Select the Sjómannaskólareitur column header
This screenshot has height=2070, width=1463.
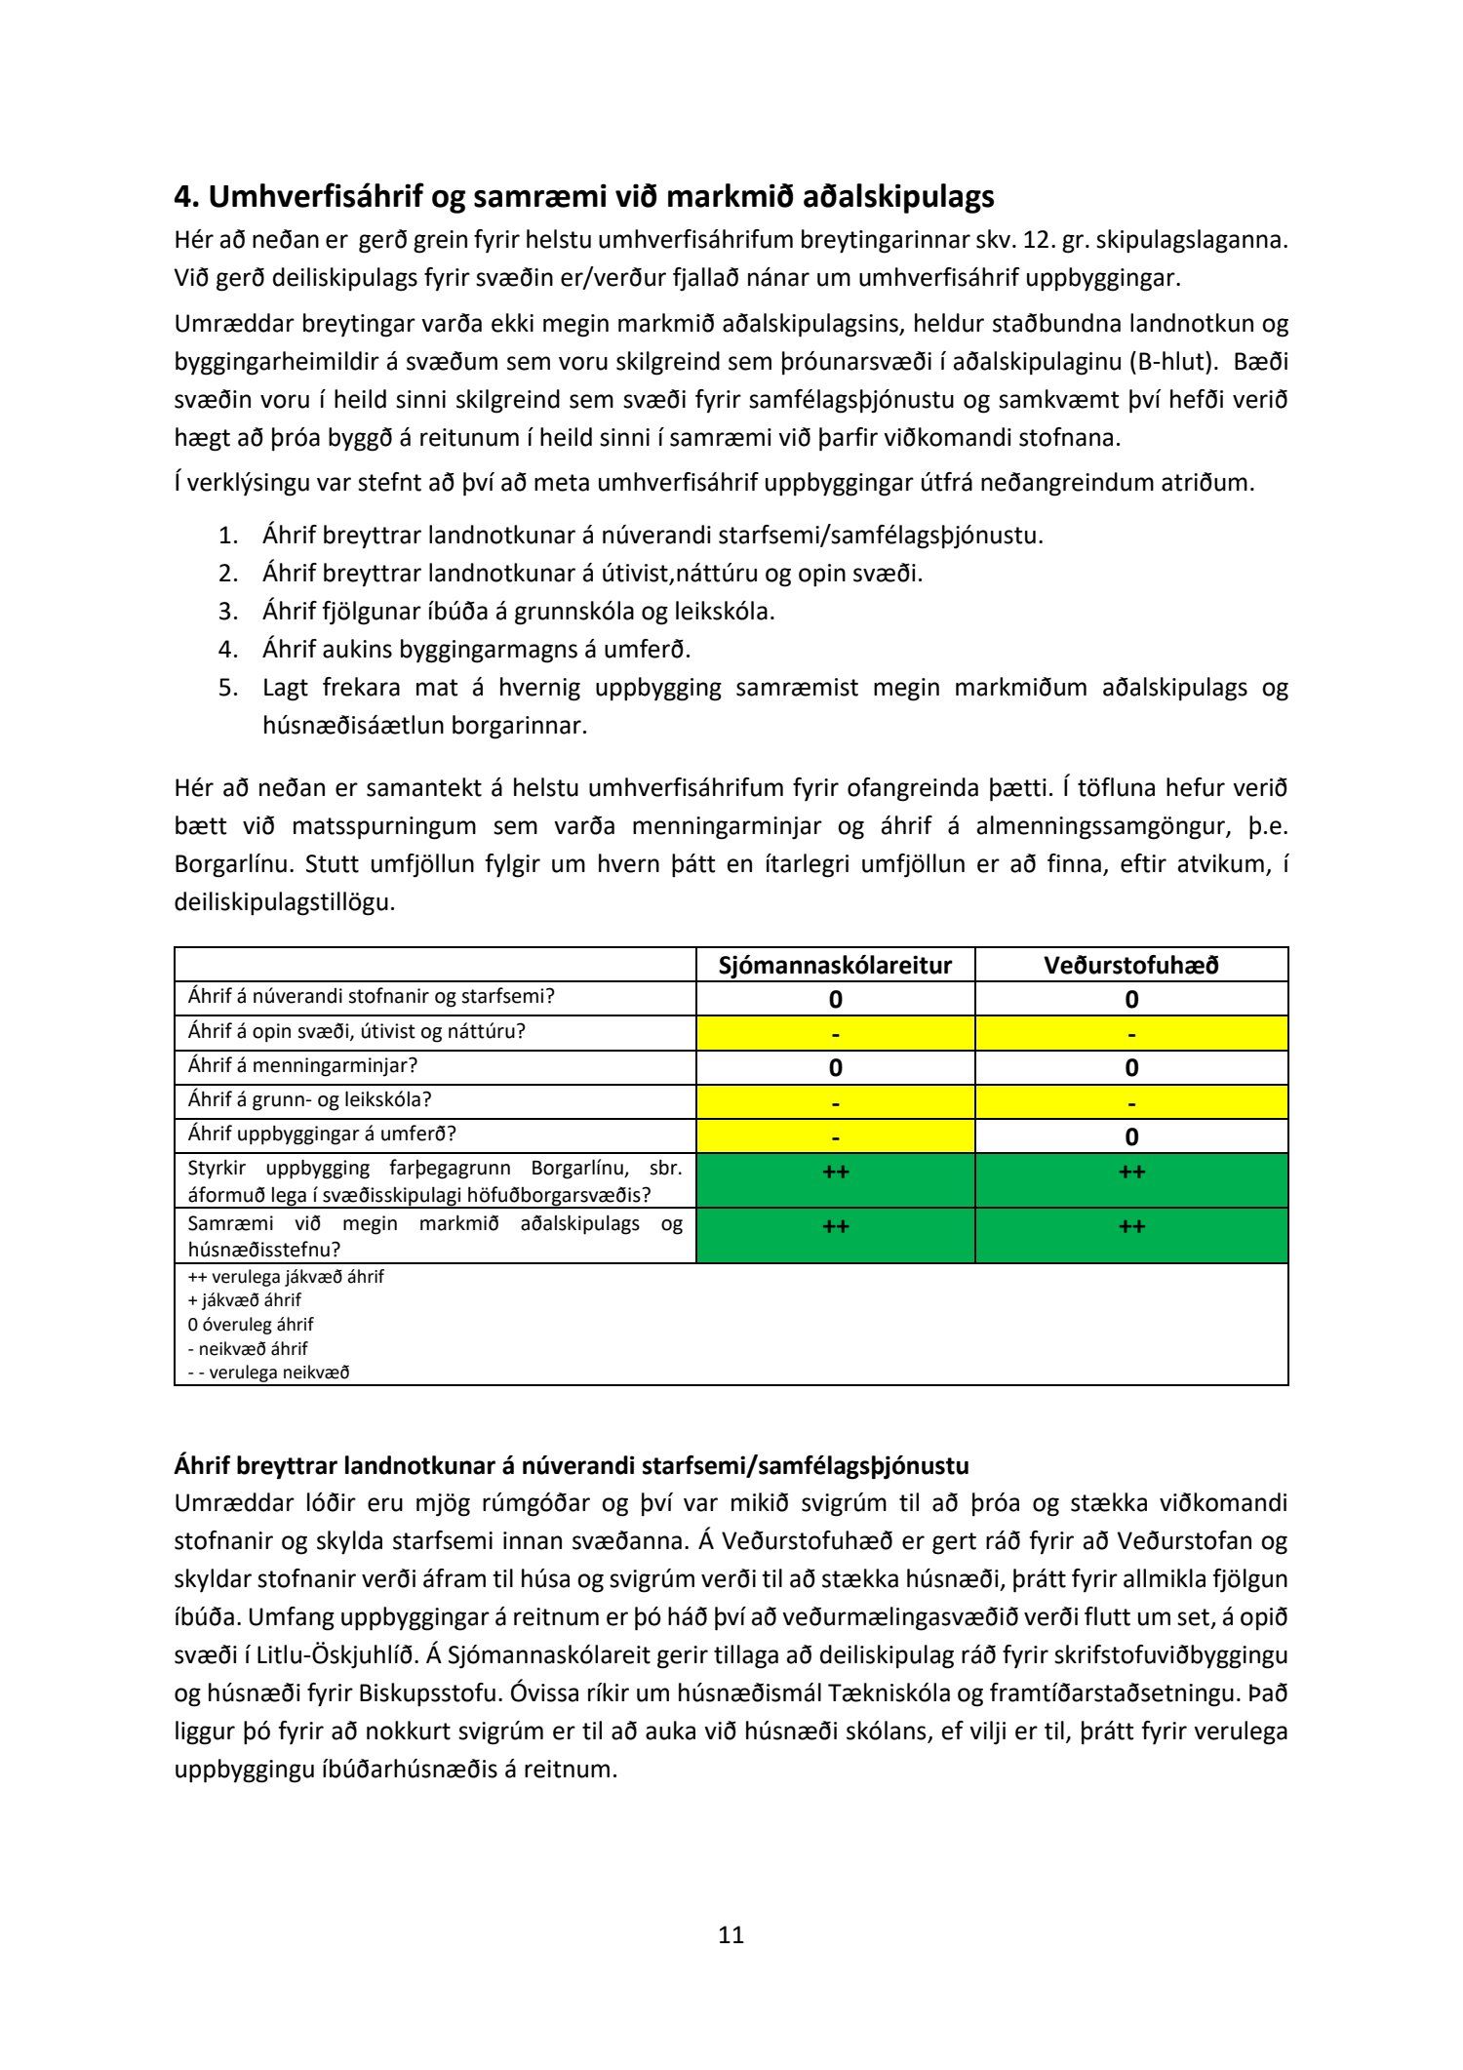click(x=835, y=965)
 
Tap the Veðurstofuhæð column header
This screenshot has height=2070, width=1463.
click(x=1131, y=965)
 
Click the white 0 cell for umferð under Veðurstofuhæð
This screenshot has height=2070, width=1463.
click(x=1131, y=1136)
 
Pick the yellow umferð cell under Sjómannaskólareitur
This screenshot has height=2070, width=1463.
click(x=835, y=1136)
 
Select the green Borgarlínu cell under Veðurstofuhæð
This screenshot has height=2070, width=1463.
click(x=1131, y=1181)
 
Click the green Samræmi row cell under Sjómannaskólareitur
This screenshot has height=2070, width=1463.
click(x=835, y=1236)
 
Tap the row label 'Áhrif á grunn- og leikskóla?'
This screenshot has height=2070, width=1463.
click(x=309, y=1099)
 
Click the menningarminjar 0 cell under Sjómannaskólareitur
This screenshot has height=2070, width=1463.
click(x=835, y=1067)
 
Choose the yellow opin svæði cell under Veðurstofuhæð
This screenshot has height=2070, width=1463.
click(x=1131, y=1032)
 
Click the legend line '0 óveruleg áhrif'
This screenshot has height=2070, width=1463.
click(x=251, y=1324)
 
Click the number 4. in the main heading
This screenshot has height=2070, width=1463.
click(x=186, y=197)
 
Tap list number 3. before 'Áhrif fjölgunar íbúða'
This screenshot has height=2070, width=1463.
click(x=228, y=612)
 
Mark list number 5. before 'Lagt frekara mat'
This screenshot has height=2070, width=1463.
click(x=228, y=688)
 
